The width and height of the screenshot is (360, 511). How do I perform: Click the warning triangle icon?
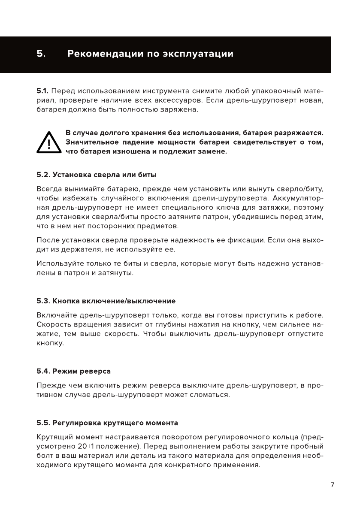50,142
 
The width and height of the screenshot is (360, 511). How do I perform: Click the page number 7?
332,484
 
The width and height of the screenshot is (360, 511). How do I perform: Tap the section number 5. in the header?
41,54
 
